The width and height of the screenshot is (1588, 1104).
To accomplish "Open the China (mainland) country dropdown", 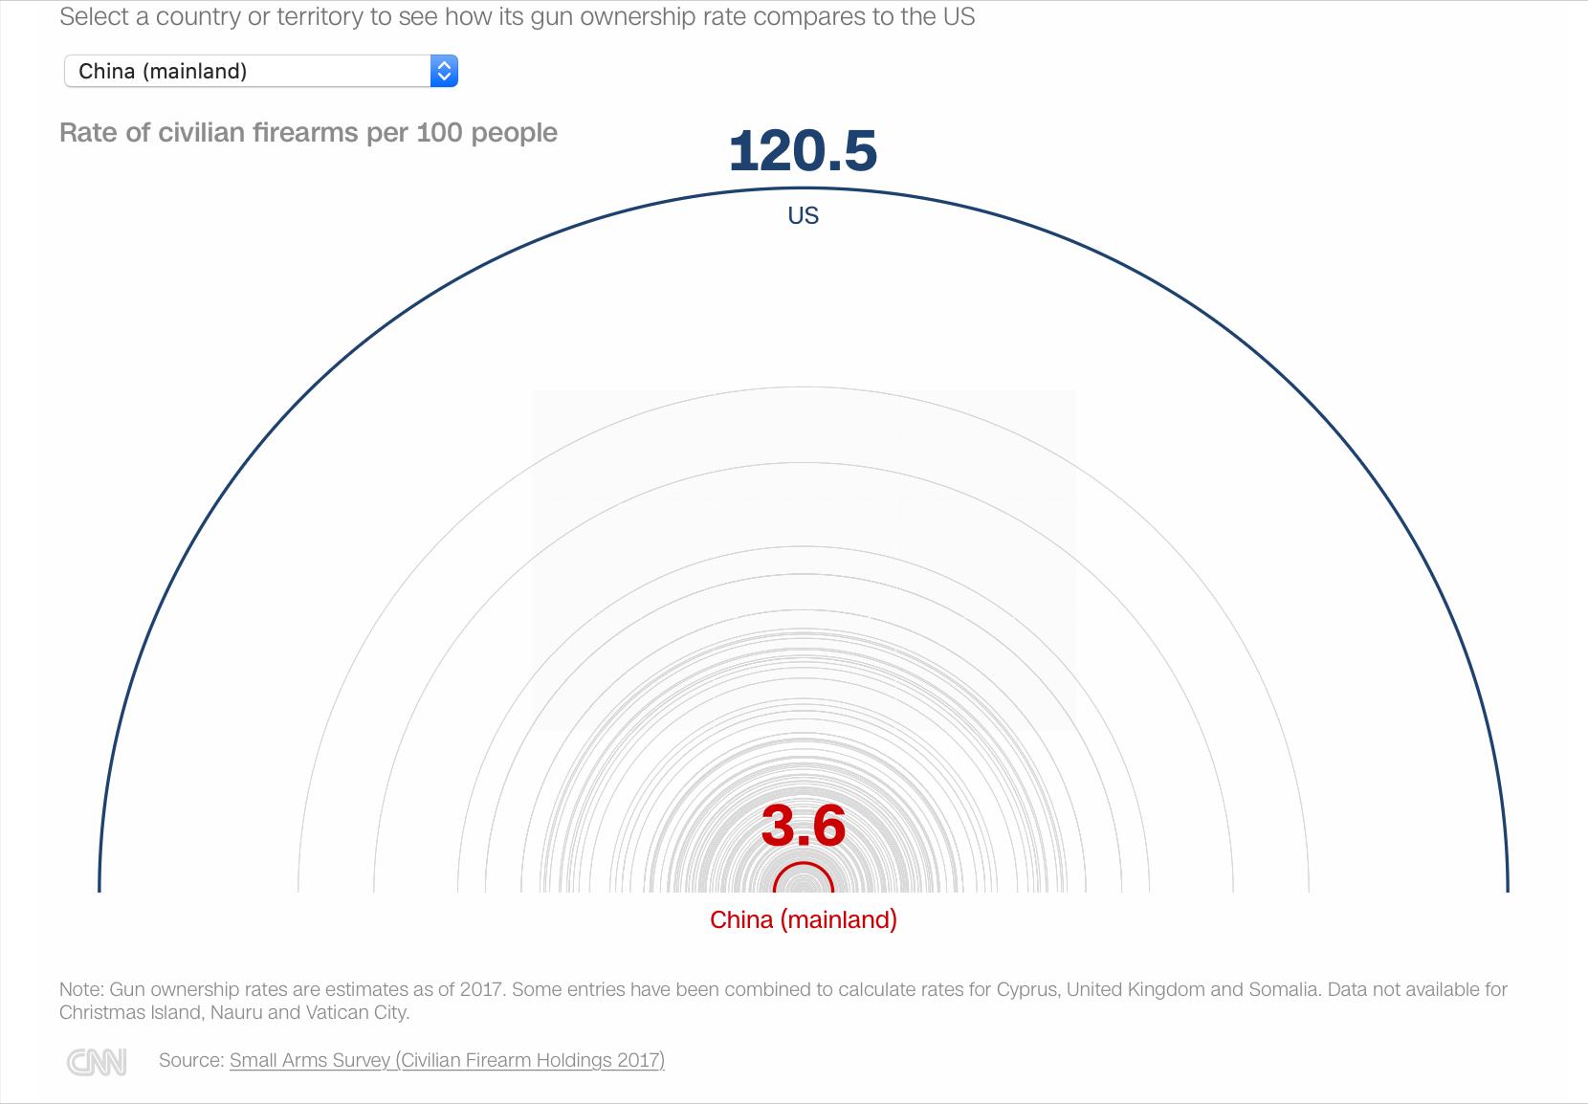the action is pyautogui.click(x=261, y=71).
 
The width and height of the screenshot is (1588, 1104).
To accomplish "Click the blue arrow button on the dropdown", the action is pyautogui.click(x=444, y=71).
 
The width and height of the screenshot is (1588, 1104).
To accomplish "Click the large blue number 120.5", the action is pyautogui.click(x=803, y=151).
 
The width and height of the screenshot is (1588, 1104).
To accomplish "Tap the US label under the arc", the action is pyautogui.click(x=804, y=215).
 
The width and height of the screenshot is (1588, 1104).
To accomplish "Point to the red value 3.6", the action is pyautogui.click(x=804, y=826).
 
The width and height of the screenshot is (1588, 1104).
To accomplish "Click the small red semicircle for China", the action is pyautogui.click(x=804, y=863).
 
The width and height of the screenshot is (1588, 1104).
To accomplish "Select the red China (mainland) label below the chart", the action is pyautogui.click(x=804, y=919).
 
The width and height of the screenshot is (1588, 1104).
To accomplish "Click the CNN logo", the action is pyautogui.click(x=98, y=1062).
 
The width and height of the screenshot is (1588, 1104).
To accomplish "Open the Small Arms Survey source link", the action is pyautogui.click(x=447, y=1060).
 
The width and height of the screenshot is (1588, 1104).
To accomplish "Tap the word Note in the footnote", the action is pyautogui.click(x=81, y=989).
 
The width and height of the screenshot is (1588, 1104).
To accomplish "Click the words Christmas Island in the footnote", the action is pyautogui.click(x=131, y=1012).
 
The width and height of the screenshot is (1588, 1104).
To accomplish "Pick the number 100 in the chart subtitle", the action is pyautogui.click(x=439, y=133).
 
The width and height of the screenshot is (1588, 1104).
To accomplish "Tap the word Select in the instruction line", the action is pyautogui.click(x=95, y=16).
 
